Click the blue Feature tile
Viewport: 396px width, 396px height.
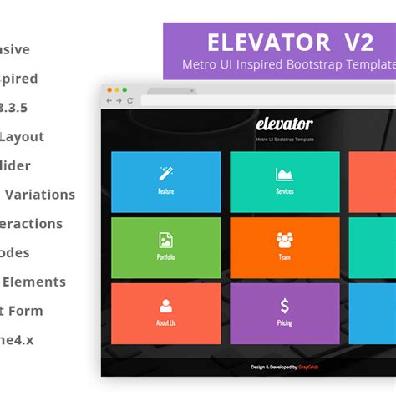[165, 181]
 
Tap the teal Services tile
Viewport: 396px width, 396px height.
[284, 181]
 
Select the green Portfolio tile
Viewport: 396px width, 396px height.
[165, 247]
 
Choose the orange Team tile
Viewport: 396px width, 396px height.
[284, 247]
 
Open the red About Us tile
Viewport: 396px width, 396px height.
[165, 313]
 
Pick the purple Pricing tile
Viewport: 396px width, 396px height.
[284, 313]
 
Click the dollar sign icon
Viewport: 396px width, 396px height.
[285, 306]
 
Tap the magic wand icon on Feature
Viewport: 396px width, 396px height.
[165, 174]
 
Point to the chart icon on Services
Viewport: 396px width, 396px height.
[285, 175]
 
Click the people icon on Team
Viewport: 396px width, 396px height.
[285, 241]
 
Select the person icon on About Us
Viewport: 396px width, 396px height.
[165, 306]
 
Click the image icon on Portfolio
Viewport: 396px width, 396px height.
[165, 241]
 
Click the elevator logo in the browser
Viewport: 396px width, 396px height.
[284, 125]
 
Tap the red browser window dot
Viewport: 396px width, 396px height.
[109, 89]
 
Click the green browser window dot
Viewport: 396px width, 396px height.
[124, 89]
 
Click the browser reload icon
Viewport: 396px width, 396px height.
[129, 101]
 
